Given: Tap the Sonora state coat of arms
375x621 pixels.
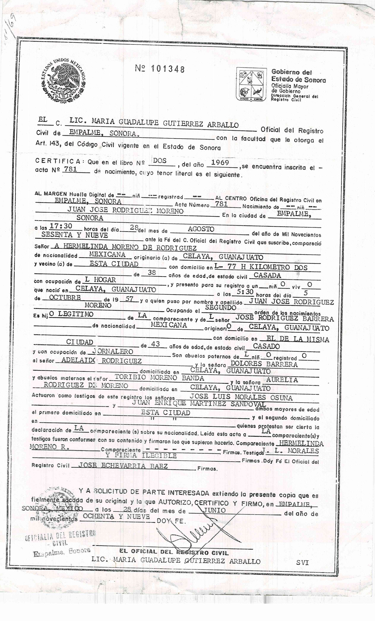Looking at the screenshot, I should pyautogui.click(x=251, y=84).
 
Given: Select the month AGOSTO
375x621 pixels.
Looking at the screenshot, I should pyautogui.click(x=201, y=229).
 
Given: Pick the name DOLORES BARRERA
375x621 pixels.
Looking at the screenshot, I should pyautogui.click(x=264, y=364).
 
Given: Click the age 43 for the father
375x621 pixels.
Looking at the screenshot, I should pyautogui.click(x=155, y=344).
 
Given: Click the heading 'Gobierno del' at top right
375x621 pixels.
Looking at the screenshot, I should pyautogui.click(x=291, y=72).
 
